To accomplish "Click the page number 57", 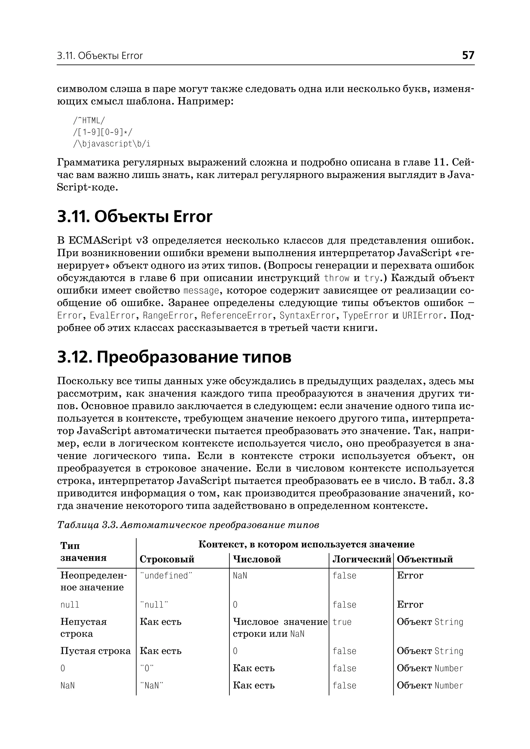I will point(468,55).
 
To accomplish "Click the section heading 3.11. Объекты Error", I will point(135,217).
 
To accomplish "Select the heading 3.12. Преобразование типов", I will point(174,357).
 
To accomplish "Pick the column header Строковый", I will point(167,559).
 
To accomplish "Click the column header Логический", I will point(361,559).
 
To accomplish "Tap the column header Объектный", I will point(425,559).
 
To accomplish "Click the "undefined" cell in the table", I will point(166,575).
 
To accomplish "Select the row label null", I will point(70,605).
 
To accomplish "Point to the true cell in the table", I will point(342,622).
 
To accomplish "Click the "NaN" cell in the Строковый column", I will point(151,685).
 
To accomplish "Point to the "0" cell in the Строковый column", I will point(147,668).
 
